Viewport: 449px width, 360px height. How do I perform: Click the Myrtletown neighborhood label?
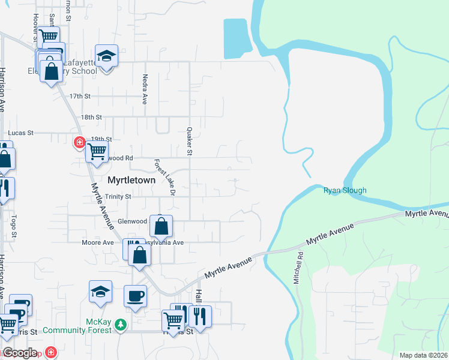tap(131, 180)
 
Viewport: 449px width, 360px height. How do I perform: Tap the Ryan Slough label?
tap(345, 191)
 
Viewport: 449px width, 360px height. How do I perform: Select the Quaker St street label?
tap(189, 141)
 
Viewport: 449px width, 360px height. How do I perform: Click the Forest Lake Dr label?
tap(164, 177)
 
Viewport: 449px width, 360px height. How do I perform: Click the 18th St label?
tap(92, 117)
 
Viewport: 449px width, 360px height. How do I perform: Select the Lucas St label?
tap(20, 133)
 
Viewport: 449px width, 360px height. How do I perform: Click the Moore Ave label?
tap(98, 243)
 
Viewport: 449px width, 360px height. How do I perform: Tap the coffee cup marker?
tap(134, 295)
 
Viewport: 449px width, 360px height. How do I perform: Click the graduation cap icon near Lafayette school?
tap(106, 56)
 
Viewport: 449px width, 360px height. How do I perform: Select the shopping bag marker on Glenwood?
tap(161, 226)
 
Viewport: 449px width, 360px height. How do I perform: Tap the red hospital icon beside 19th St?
tap(79, 142)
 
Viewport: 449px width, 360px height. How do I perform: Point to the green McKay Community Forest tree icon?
tap(121, 325)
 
